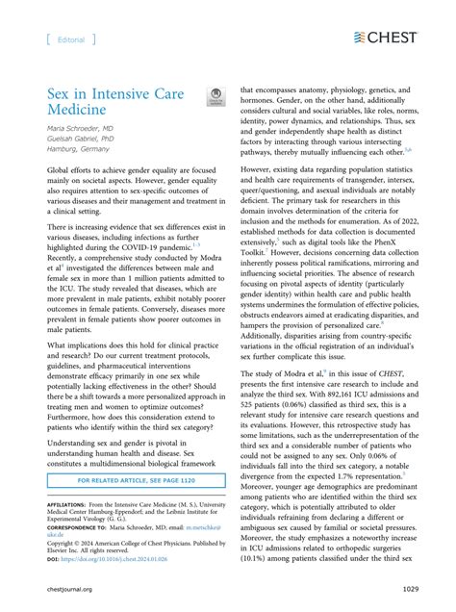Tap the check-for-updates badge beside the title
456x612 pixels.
point(215,97)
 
